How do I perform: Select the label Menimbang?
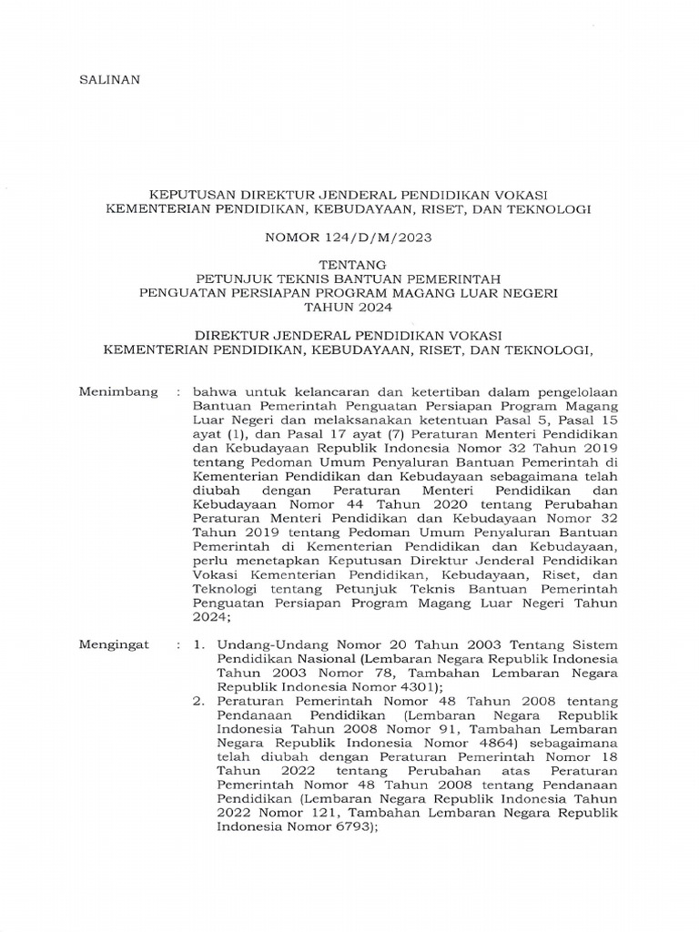point(118,392)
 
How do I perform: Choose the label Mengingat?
point(115,644)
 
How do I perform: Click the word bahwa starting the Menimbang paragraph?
point(211,392)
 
